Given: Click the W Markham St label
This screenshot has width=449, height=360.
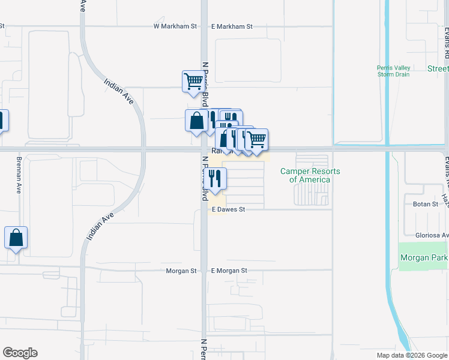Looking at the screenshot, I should [175, 26].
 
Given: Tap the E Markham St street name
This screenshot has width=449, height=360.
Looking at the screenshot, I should [232, 26].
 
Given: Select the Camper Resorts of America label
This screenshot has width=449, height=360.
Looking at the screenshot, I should [310, 175].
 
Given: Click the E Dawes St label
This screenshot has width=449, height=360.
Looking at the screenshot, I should [229, 209].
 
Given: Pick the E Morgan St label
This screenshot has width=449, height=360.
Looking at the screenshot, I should [229, 271].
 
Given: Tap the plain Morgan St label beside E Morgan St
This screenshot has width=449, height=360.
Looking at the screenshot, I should [181, 271].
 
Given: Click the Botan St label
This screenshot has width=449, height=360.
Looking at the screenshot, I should [427, 204].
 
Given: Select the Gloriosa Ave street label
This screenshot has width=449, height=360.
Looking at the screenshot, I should [432, 235].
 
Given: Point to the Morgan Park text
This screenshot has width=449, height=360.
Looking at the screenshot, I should [424, 258].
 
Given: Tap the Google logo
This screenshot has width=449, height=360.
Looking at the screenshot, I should [20, 353].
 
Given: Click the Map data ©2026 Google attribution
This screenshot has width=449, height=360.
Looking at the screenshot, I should [412, 355].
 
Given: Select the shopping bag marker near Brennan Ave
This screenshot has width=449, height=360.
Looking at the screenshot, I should [16, 238].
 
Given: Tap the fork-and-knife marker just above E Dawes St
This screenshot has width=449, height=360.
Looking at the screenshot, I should [216, 178].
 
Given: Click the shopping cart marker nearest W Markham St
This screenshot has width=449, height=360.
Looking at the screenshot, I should [193, 82].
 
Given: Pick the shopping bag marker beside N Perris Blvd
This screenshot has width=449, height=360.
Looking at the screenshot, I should [196, 121].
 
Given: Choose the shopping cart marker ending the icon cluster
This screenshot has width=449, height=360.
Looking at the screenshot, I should [257, 140].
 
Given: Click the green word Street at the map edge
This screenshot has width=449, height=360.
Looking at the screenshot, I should [438, 69].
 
